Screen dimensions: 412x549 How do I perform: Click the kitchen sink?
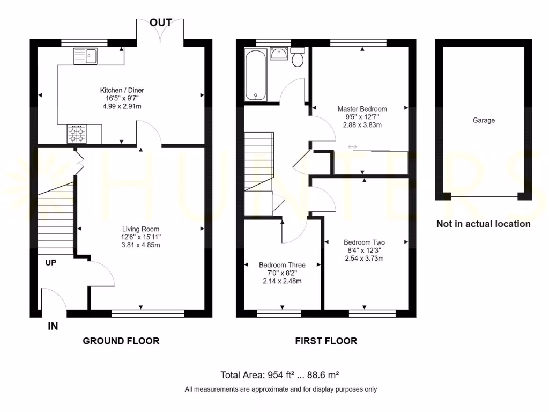[85, 56]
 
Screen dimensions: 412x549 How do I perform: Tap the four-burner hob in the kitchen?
[76, 134]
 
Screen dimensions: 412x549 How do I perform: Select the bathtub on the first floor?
[256, 75]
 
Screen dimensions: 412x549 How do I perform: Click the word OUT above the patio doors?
[161, 23]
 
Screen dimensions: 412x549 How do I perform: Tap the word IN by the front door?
[53, 326]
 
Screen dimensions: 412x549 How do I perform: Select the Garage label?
[484, 121]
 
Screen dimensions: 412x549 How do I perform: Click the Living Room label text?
[140, 229]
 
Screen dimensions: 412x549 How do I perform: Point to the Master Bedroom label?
[362, 109]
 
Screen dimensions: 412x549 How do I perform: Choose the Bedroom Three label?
[282, 265]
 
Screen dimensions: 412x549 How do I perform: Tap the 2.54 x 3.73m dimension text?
[365, 259]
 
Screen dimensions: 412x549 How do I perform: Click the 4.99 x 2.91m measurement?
[122, 106]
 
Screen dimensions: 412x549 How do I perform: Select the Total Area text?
[279, 375]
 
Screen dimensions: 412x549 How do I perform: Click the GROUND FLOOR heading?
[121, 341]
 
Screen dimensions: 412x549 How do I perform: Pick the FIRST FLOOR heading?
[326, 341]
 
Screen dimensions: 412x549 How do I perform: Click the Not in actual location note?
[483, 224]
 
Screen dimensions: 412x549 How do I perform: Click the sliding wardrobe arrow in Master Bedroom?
[353, 146]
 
